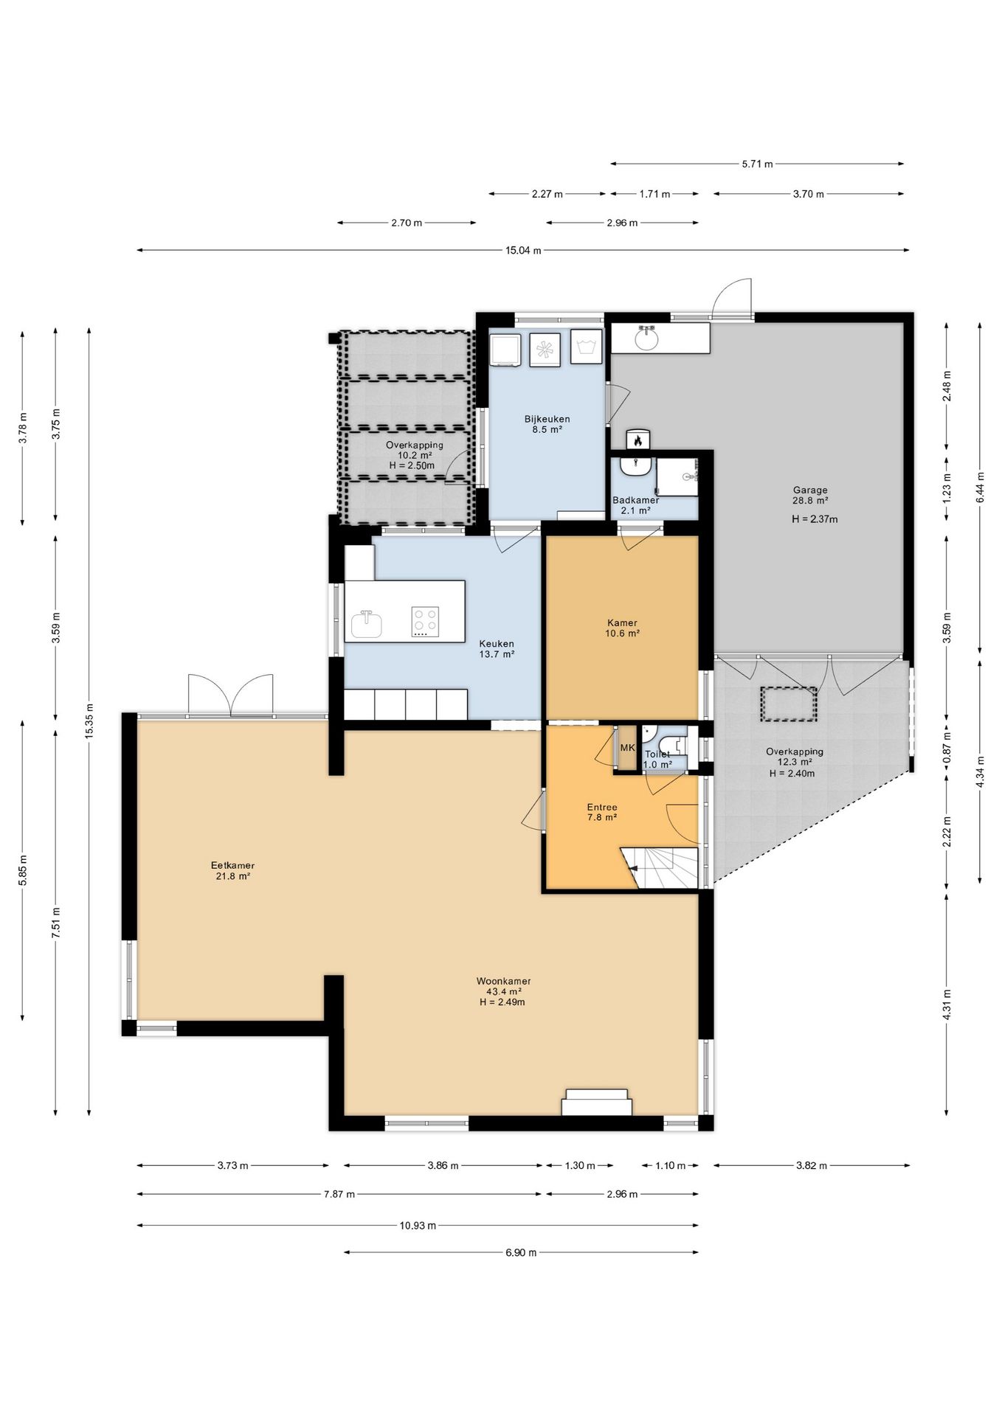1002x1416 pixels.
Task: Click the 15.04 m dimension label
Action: pos(522,251)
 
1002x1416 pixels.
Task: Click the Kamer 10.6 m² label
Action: pos(622,628)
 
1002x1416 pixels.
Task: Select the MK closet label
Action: pos(627,747)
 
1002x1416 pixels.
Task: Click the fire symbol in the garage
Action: pos(637,440)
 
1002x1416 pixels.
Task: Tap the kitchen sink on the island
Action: pos(367,624)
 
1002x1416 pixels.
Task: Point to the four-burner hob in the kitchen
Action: pos(425,622)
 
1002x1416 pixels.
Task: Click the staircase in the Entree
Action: pos(660,868)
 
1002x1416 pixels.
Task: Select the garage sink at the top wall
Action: pos(647,338)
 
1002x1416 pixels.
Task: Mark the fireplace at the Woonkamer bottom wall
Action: pos(597,1103)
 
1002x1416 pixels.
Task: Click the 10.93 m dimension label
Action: pos(418,1226)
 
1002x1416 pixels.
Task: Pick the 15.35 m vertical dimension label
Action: pos(89,722)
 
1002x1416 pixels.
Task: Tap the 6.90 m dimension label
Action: pos(521,1252)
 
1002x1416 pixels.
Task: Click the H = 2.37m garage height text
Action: pos(815,519)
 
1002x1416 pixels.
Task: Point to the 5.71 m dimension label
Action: pos(757,164)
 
